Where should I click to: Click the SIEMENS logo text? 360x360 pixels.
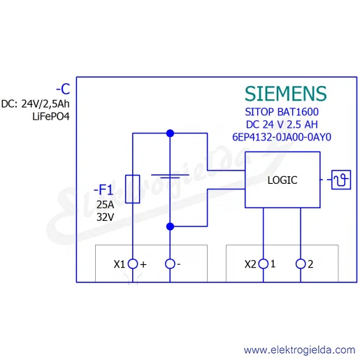point(285,94)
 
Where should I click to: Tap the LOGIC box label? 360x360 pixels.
point(282,180)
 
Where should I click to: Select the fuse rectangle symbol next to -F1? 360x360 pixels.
point(133,189)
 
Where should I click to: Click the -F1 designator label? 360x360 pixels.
point(103,189)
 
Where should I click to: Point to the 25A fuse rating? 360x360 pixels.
point(106,205)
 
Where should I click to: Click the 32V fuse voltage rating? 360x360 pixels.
point(106,217)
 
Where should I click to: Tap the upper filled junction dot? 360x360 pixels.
point(170,134)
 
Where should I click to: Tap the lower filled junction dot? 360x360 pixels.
point(170,226)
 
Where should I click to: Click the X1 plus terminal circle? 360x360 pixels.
point(133,264)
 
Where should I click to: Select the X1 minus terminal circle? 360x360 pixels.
point(170,264)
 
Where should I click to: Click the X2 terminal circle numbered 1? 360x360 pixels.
point(264,264)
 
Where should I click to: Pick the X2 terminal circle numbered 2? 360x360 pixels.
point(301,264)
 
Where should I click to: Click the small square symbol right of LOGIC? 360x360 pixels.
point(341,180)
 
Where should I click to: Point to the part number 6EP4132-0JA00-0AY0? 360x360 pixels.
point(282,137)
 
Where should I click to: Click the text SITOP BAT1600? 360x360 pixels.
point(282,112)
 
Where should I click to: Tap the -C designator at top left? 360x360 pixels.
point(63,89)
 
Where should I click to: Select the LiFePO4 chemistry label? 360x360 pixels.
point(51,117)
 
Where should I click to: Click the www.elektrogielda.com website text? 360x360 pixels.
point(299,350)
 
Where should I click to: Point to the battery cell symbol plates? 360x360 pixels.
point(170,176)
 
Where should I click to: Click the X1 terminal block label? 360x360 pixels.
point(120,264)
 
